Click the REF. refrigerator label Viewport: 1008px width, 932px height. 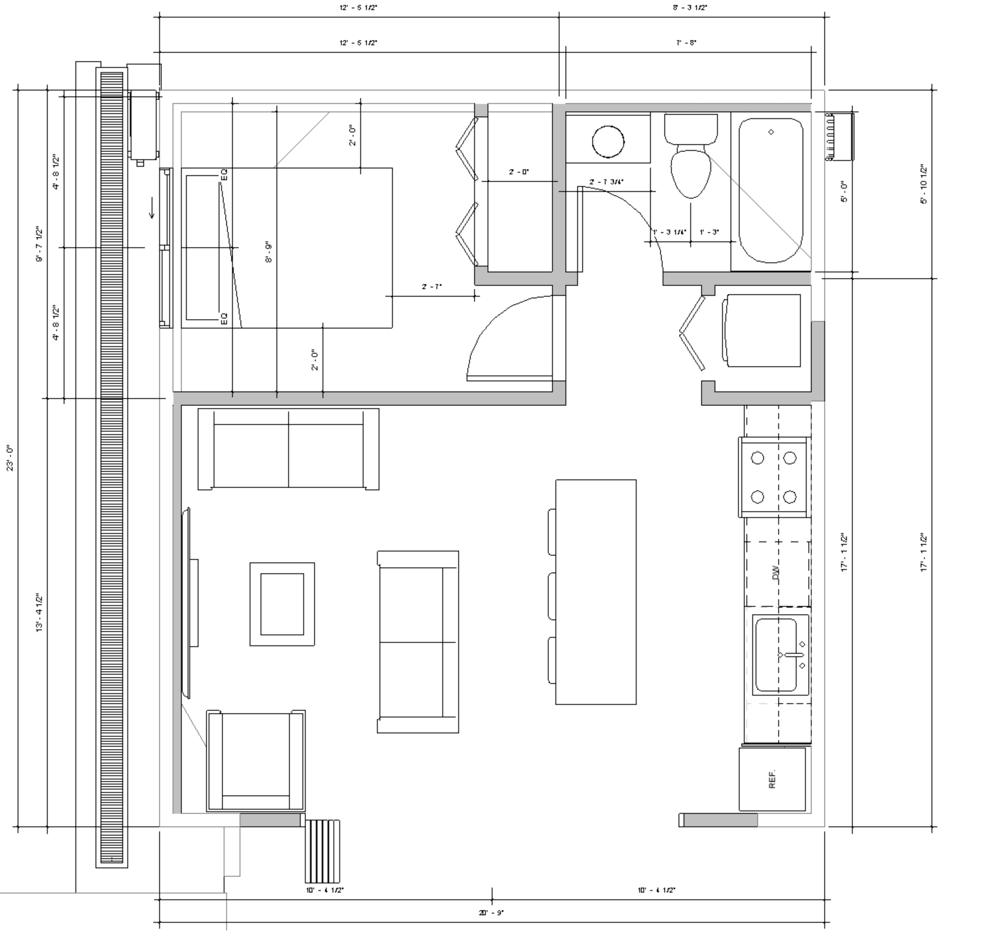[x=772, y=780]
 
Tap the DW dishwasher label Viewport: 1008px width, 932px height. [x=776, y=573]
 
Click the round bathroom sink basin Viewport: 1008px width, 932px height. [x=608, y=142]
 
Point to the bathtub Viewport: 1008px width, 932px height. [x=771, y=190]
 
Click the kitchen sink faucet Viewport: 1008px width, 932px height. [x=792, y=654]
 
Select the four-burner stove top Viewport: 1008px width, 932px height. [x=773, y=477]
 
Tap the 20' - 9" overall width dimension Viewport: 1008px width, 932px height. [x=491, y=912]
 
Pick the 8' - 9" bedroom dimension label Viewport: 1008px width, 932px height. [x=269, y=253]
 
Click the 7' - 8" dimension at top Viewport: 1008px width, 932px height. [x=686, y=43]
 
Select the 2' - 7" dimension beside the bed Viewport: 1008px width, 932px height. [x=432, y=287]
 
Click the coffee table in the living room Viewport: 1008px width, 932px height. [x=282, y=604]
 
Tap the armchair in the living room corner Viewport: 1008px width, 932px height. [x=256, y=761]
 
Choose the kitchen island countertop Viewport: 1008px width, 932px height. [x=596, y=592]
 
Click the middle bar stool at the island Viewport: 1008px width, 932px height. [x=552, y=596]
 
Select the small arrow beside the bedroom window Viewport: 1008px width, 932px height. [x=151, y=212]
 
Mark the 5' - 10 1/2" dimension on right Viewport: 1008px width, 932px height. [x=924, y=184]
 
